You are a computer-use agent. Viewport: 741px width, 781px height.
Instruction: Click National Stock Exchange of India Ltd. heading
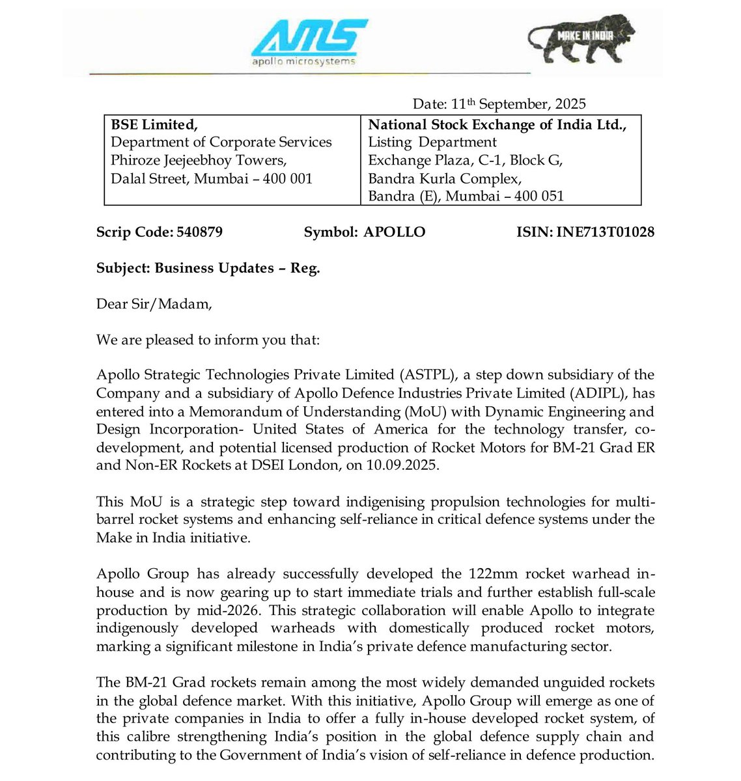point(497,125)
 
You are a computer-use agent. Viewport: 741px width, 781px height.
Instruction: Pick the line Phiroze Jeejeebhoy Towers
point(199,160)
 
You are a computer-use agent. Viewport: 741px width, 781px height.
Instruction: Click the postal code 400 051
point(539,196)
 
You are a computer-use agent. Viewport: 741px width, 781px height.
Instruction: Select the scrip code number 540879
point(199,232)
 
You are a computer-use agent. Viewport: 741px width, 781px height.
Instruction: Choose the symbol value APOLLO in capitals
point(394,232)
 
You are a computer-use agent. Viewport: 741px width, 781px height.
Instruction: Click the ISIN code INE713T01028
point(605,232)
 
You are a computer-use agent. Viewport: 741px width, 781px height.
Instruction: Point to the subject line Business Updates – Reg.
point(237,268)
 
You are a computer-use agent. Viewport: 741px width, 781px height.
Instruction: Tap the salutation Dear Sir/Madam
point(154,304)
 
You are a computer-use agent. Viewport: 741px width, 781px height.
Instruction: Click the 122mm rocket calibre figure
point(493,574)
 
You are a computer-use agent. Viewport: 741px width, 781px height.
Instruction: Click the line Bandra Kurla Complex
point(445,178)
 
